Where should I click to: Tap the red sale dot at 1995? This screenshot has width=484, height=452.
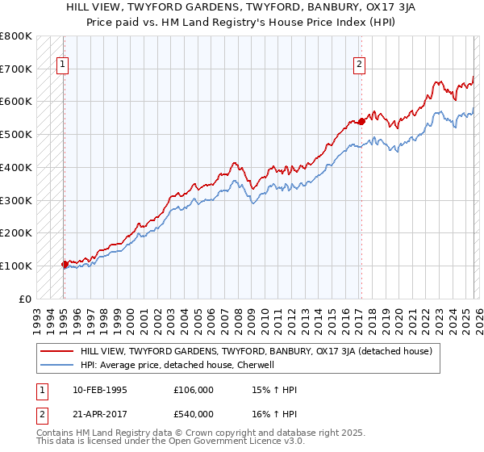point(64,264)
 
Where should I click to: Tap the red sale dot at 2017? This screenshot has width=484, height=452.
point(361,121)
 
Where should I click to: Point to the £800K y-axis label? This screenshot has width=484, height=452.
point(16,36)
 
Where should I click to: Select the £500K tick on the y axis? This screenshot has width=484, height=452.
point(16,135)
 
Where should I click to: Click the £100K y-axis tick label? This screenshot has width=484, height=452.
point(16,266)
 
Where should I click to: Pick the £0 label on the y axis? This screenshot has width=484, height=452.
point(25,299)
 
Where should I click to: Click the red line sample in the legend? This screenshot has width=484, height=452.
point(56,351)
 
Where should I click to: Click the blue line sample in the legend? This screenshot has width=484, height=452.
point(56,365)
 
